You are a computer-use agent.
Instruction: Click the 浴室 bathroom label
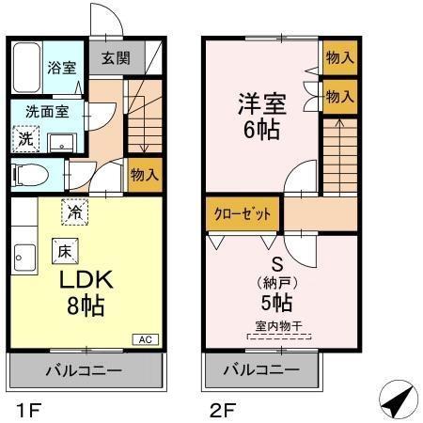click(62, 68)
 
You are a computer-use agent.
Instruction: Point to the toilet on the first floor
click(35, 174)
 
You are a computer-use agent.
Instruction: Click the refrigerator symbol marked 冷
click(72, 212)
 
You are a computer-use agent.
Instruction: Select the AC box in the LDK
click(147, 338)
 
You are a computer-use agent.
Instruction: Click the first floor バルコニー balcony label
click(86, 370)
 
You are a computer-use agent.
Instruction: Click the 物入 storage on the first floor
click(145, 175)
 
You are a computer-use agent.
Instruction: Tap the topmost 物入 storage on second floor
click(339, 57)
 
